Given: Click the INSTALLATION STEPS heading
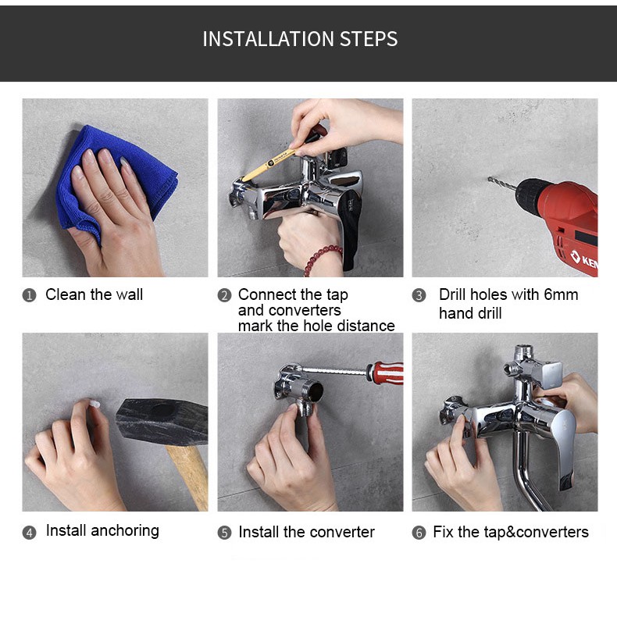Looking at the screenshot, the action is pos(300,39).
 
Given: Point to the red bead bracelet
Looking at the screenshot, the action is pos(322,259).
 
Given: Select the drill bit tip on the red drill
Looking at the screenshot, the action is pos(490,179).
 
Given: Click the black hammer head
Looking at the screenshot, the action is pos(162,421).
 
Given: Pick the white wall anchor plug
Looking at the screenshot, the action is pos(95,404).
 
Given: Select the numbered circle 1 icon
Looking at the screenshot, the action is pos(29,295).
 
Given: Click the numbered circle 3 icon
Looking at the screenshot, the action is pos(419,295).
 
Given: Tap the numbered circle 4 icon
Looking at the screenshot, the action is pos(29,533).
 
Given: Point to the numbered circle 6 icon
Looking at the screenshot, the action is pos(419,533).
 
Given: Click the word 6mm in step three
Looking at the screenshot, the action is pos(561,294).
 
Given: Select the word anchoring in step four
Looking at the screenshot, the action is pos(125,531).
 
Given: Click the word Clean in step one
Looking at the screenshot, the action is pos(66,294).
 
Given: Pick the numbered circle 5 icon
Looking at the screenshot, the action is pos(224,533).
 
